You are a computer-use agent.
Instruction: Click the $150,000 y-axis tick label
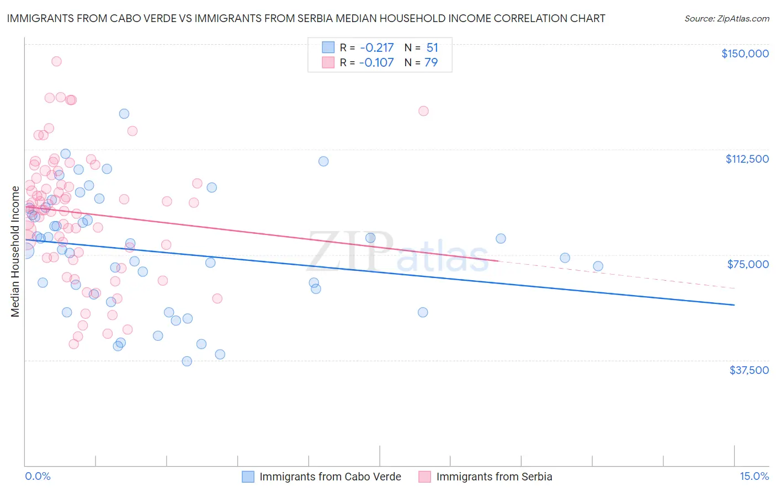click(745, 54)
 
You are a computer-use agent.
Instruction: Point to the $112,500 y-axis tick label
click(747, 159)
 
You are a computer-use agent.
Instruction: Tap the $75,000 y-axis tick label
click(748, 264)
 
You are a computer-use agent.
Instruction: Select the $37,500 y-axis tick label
click(749, 370)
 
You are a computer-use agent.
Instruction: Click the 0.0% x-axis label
click(38, 476)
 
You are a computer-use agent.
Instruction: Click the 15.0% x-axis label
click(754, 476)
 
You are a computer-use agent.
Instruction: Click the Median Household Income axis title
click(15, 252)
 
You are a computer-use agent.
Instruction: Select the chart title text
click(306, 18)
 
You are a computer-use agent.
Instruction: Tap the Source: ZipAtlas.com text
click(726, 18)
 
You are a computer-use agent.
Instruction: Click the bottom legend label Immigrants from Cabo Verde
click(330, 477)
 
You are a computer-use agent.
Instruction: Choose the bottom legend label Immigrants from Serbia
click(494, 477)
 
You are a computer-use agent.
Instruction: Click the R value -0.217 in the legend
click(376, 47)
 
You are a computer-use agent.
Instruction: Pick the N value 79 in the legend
click(431, 62)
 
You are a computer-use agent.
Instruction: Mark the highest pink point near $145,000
click(56, 61)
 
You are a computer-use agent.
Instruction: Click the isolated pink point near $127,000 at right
click(423, 111)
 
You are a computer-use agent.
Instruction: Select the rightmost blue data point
click(598, 266)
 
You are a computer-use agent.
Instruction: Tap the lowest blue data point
click(187, 361)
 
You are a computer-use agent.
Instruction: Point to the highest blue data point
click(124, 114)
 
